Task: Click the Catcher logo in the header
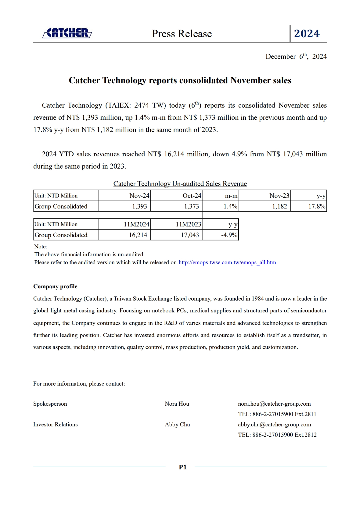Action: coord(67,33)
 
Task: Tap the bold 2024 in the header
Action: coord(307,34)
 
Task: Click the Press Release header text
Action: coord(182,34)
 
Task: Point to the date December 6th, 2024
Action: coord(296,56)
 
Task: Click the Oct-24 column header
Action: coord(192,196)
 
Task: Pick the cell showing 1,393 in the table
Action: coord(139,206)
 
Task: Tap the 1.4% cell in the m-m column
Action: coord(230,206)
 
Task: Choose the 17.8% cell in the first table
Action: coord(317,206)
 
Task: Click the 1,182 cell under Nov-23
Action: coord(279,206)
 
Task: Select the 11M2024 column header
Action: coord(136,224)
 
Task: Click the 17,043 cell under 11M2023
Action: coord(190,235)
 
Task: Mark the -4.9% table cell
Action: coord(229,235)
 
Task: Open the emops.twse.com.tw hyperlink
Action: coord(227,262)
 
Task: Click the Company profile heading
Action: coord(55,287)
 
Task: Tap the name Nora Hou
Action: coord(177,404)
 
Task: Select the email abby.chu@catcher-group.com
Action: coord(274,425)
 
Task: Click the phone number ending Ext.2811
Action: coord(277,414)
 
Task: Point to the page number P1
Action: coord(183,467)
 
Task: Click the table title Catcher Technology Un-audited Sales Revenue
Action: coord(180,183)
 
